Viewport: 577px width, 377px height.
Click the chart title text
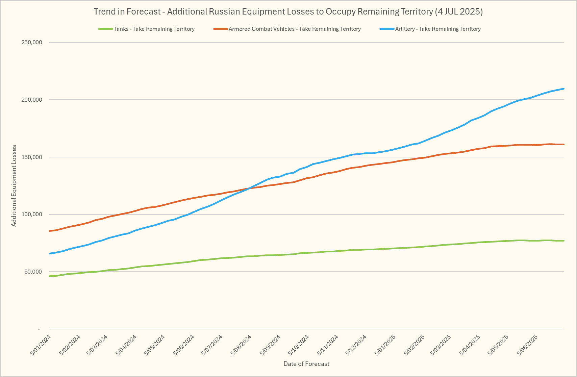point(288,11)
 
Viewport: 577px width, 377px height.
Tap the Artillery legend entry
point(437,29)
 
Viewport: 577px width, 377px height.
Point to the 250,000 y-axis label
point(31,43)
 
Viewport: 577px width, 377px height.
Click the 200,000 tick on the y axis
point(31,100)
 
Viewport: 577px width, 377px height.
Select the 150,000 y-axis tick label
point(31,157)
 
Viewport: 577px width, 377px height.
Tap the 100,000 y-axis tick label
point(31,215)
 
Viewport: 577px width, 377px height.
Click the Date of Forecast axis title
point(306,364)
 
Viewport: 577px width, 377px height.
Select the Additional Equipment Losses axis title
point(14,186)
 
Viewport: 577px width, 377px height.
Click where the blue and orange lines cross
point(250,188)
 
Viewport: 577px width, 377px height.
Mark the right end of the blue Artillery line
point(564,89)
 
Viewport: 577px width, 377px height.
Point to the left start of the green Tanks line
point(50,276)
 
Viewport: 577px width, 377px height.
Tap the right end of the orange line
point(564,145)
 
